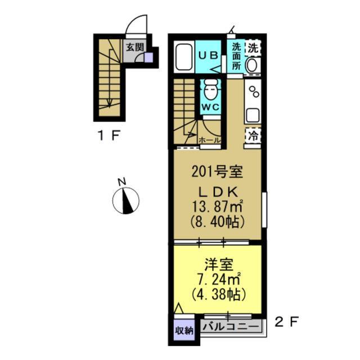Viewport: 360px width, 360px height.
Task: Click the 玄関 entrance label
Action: pos(134,47)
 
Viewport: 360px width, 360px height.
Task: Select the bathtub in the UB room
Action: pos(183,57)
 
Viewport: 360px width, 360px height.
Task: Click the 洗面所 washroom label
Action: pos(236,56)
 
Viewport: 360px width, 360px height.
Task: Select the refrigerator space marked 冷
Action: pos(254,136)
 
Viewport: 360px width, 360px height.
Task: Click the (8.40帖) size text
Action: pos(217,221)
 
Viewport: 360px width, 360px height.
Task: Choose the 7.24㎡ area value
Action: pos(217,278)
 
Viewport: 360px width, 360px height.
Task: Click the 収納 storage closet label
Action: pos(183,331)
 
